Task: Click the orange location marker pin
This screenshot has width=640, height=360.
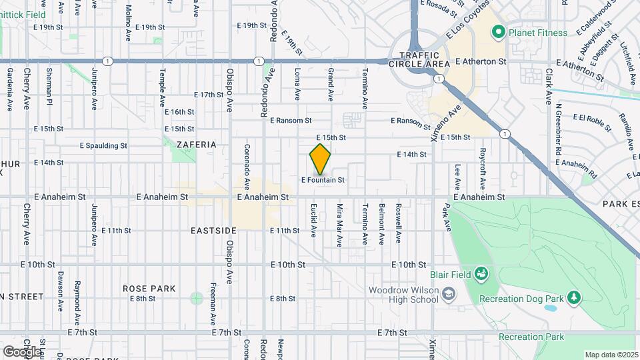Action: point(320,159)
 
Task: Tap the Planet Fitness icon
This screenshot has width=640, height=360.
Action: point(497,32)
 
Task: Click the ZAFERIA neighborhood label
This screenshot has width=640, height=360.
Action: point(197,144)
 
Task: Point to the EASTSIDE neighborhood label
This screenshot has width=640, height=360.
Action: point(213,231)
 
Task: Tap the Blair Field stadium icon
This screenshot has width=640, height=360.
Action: point(481,273)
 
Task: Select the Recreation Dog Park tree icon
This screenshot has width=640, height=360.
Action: point(573,297)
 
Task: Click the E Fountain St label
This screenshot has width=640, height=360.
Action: point(323,180)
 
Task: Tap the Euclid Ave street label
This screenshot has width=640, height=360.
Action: point(313,221)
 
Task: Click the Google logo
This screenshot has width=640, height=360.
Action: point(21,351)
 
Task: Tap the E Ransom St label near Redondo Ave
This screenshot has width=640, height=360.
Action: point(291,121)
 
